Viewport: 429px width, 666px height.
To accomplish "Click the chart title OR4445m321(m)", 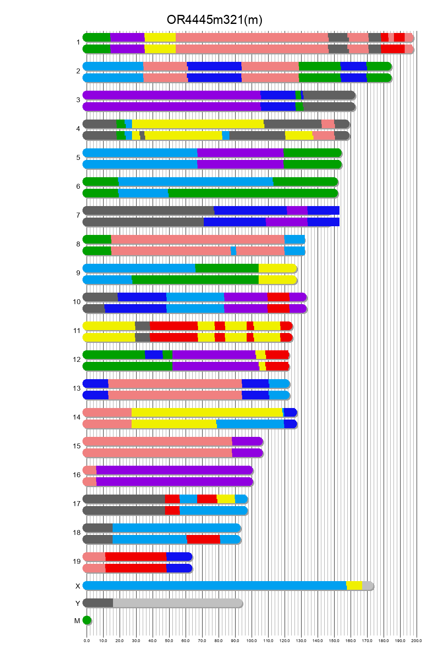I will pyautogui.click(x=214, y=19).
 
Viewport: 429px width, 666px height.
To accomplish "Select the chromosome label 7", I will pyautogui.click(x=78, y=215).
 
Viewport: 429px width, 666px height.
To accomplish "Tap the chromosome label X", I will pyautogui.click(x=78, y=586).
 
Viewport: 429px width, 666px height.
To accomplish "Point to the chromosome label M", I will pyautogui.click(x=77, y=621).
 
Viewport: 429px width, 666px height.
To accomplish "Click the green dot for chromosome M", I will pyautogui.click(x=87, y=620).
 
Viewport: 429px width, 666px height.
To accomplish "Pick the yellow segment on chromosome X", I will pyautogui.click(x=354, y=586).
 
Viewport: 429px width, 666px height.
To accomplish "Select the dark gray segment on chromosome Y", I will pyautogui.click(x=98, y=603).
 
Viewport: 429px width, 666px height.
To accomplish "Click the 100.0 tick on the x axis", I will pyautogui.click(x=252, y=640).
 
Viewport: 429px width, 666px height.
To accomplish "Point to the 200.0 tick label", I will pyautogui.click(x=417, y=640).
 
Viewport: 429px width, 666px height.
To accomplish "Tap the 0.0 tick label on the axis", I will pyautogui.click(x=87, y=640).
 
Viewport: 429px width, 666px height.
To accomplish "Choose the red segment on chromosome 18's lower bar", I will pyautogui.click(x=203, y=539).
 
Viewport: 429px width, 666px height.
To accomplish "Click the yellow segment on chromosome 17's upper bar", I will pyautogui.click(x=226, y=499).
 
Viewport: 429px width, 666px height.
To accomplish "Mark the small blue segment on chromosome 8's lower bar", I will pyautogui.click(x=233, y=251).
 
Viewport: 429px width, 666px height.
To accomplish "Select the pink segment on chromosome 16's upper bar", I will pyautogui.click(x=90, y=470).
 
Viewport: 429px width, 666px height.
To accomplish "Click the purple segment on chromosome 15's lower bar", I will pyautogui.click(x=247, y=453).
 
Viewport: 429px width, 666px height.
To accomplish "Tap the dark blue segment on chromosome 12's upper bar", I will pyautogui.click(x=153, y=355).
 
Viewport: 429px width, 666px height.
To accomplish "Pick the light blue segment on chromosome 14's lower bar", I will pyautogui.click(x=250, y=424).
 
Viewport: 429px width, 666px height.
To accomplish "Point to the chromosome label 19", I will pyautogui.click(x=77, y=561).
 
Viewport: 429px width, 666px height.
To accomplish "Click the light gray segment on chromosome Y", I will pyautogui.click(x=177, y=603).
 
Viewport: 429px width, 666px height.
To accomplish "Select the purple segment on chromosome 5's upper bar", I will pyautogui.click(x=240, y=153).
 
